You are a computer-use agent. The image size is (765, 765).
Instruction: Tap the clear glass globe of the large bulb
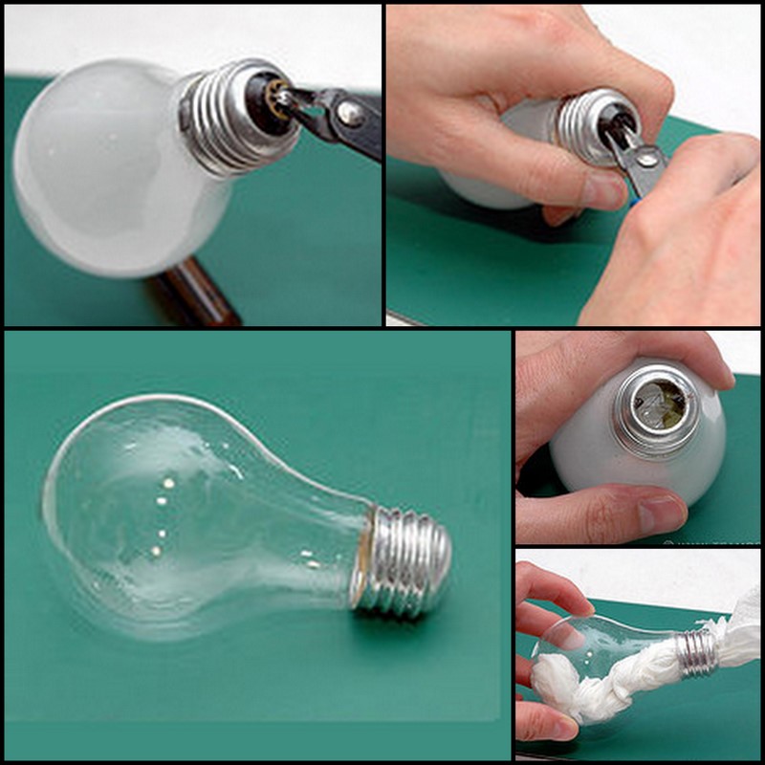pyautogui.click(x=201, y=516)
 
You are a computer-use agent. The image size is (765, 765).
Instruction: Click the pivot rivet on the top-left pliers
pyautogui.click(x=345, y=115)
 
